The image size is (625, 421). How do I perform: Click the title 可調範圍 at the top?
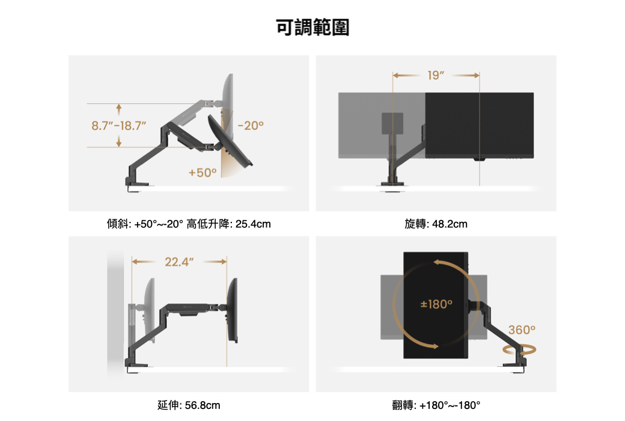[312, 28]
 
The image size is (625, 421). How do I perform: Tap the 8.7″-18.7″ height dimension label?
[119, 126]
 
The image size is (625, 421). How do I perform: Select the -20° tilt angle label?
[251, 126]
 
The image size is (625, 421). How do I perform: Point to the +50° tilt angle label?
[203, 173]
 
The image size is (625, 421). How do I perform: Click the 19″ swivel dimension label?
[436, 75]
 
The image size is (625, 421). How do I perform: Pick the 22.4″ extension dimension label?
[179, 262]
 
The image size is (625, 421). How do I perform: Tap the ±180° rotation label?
[436, 304]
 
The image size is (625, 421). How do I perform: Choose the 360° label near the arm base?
[522, 330]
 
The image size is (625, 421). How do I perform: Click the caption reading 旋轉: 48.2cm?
[436, 224]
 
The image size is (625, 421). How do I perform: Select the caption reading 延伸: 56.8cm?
[189, 405]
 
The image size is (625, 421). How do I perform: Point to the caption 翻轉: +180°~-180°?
[436, 405]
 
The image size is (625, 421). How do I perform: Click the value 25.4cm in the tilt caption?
[253, 224]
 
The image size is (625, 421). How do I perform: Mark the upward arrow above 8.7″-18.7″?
[119, 109]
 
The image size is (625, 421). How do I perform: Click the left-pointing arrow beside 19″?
[406, 75]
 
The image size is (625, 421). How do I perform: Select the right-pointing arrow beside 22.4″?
[215, 262]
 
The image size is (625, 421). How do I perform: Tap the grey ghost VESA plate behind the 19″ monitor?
[392, 123]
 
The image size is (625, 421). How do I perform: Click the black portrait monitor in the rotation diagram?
[436, 306]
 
